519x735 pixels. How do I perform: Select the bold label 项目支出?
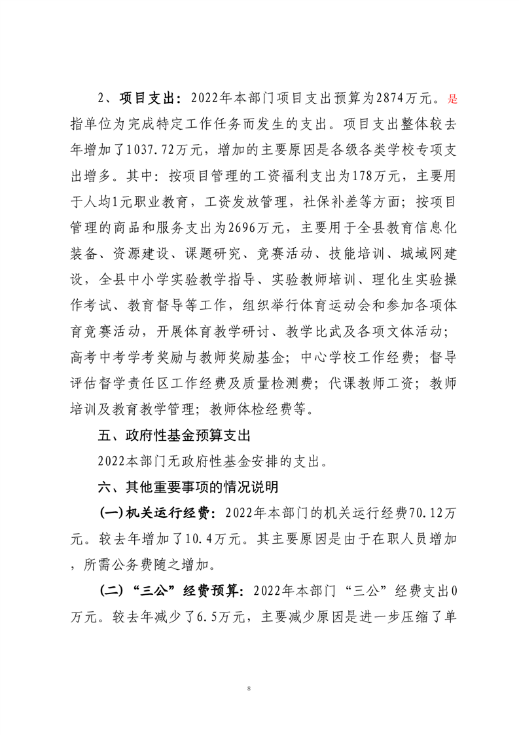click(149, 100)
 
